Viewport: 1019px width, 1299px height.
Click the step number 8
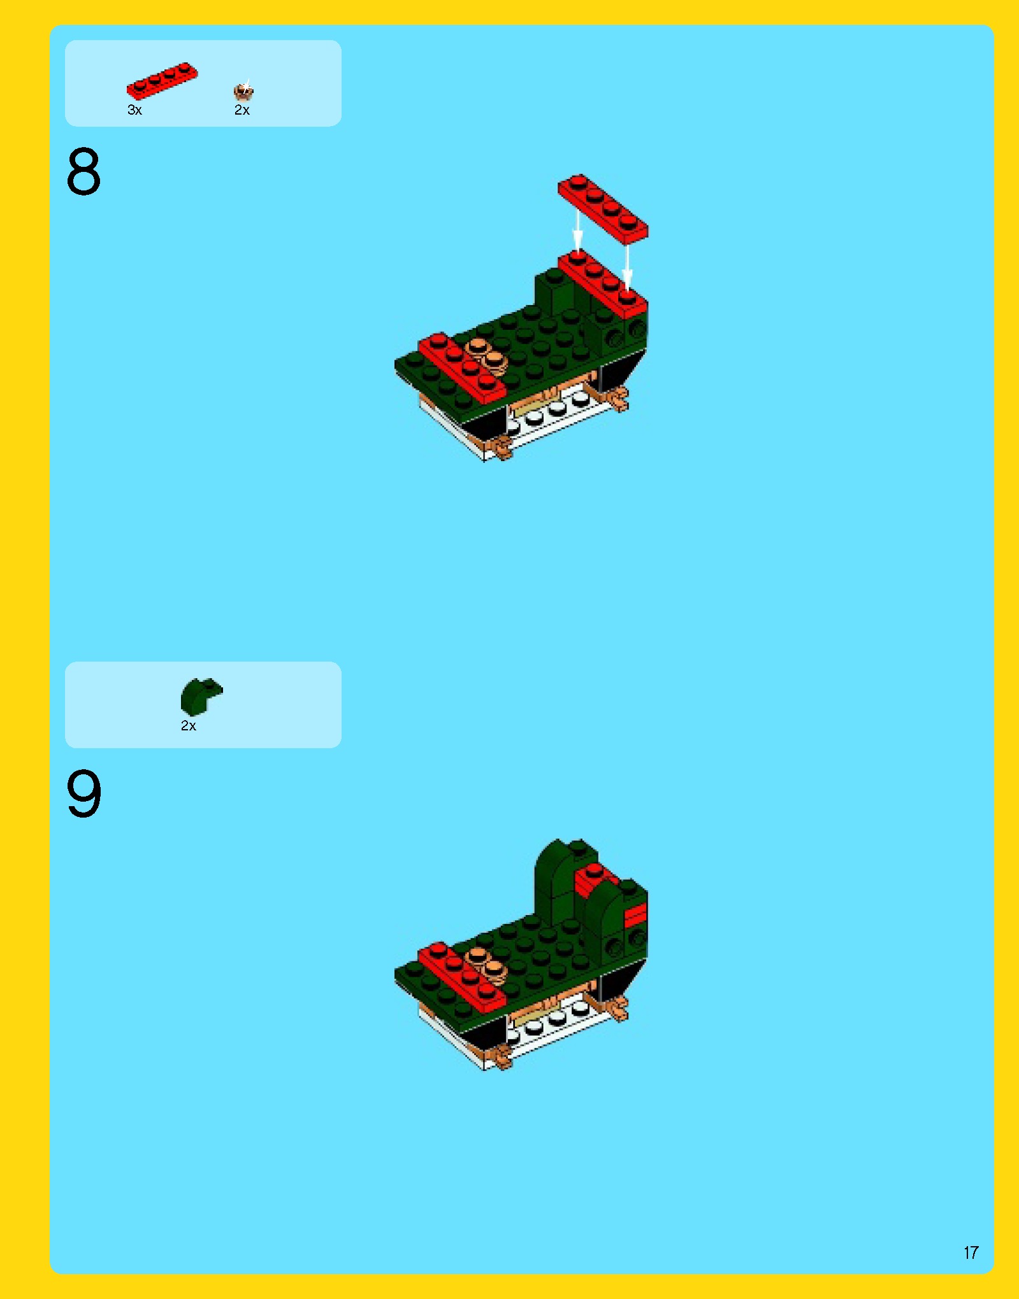(83, 171)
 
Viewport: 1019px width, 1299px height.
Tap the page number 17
(971, 1253)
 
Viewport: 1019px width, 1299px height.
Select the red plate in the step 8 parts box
(162, 81)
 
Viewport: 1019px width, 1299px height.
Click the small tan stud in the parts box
(243, 92)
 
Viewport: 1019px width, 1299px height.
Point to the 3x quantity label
(134, 110)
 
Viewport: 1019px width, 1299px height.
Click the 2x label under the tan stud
(242, 110)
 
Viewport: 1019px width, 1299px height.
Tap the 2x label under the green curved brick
(189, 726)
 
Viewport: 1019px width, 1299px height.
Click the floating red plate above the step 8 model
(603, 208)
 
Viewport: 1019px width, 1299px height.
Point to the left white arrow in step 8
(577, 231)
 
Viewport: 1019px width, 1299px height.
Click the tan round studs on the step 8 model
(486, 355)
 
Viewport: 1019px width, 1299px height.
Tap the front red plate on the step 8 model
(461, 368)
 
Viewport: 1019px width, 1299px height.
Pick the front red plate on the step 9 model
(461, 977)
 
